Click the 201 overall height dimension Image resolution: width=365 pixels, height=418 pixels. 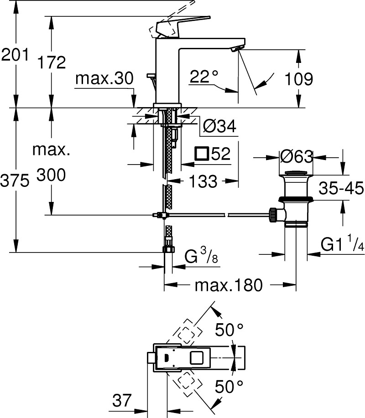(15, 56)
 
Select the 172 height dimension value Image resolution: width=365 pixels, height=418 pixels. (52, 62)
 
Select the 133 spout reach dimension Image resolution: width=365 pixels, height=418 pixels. (203, 181)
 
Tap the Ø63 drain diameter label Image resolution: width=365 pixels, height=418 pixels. (297, 157)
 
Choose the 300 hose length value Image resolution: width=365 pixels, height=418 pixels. (52, 174)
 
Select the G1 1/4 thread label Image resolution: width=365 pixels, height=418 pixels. (341, 245)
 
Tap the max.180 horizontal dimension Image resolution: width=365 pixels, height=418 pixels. (229, 285)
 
